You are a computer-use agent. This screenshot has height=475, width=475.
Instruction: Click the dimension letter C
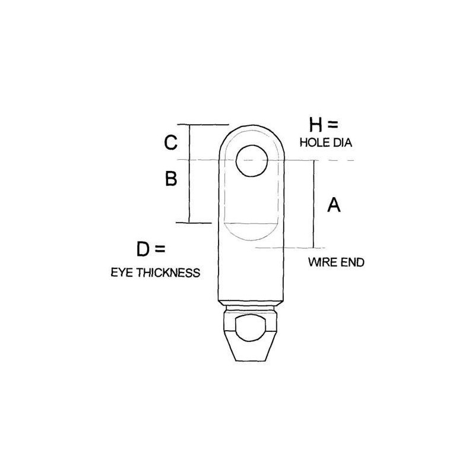point(170,143)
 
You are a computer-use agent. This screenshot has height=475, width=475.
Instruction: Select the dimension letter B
point(170,179)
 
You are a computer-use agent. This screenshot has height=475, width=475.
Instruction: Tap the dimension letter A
point(334,205)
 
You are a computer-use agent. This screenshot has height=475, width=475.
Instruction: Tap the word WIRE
point(322,262)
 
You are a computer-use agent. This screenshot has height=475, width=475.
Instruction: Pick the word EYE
point(121,273)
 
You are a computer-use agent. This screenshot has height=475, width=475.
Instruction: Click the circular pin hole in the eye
point(251,161)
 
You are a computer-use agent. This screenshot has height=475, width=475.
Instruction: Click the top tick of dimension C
point(208,125)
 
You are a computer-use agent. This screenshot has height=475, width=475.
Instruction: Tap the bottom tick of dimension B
point(200,223)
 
